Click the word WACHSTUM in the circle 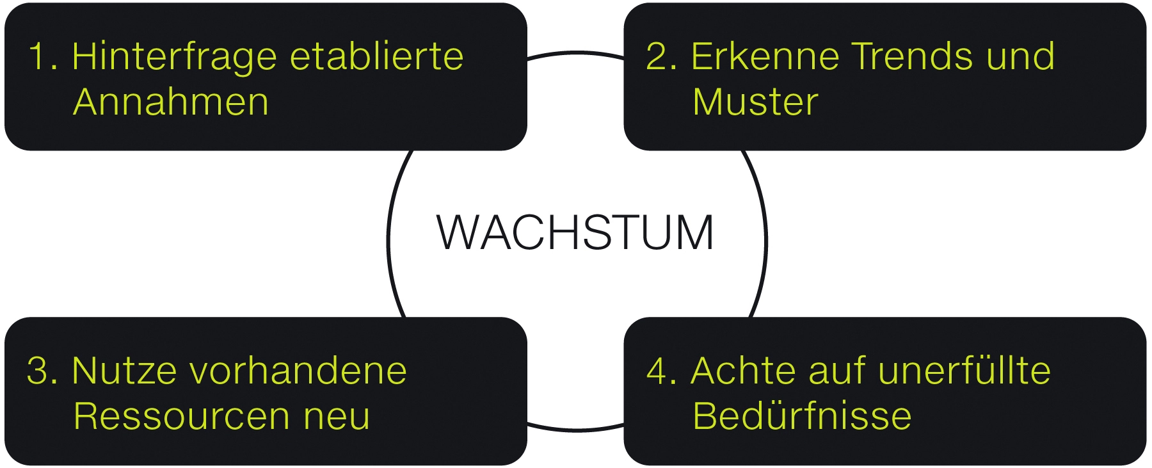575,232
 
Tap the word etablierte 376,56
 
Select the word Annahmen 171,102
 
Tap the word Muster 755,102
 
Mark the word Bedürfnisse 802,416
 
